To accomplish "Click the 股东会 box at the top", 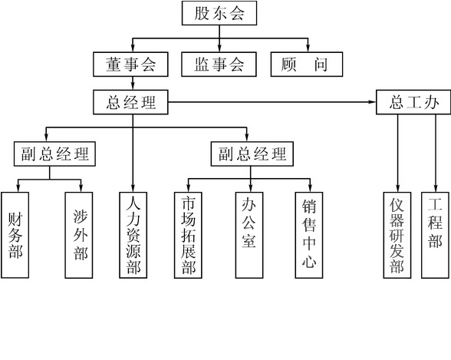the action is coord(219,13).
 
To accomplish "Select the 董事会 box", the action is coord(130,64).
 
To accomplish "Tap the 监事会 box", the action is coord(219,64).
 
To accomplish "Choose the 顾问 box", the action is coord(307,64).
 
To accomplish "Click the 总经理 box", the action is coord(130,102).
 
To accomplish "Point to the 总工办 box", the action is coord(413,102).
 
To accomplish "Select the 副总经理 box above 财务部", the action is coord(54,154).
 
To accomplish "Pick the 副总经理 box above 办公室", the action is coord(252,154).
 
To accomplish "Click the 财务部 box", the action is coord(15,235).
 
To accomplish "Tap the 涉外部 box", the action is coord(79,235).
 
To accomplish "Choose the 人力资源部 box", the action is coord(133,235).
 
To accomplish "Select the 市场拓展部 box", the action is coord(188,235).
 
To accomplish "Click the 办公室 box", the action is coord(249,235).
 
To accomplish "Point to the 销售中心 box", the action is coord(309,235).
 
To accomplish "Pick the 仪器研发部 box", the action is coord(397,235).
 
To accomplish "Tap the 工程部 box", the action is coord(435,235).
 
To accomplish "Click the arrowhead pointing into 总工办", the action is coord(373,102).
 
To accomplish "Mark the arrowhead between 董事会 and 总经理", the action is coord(133,86).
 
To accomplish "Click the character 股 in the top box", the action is coord(201,13).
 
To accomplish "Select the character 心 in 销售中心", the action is coord(309,262).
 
